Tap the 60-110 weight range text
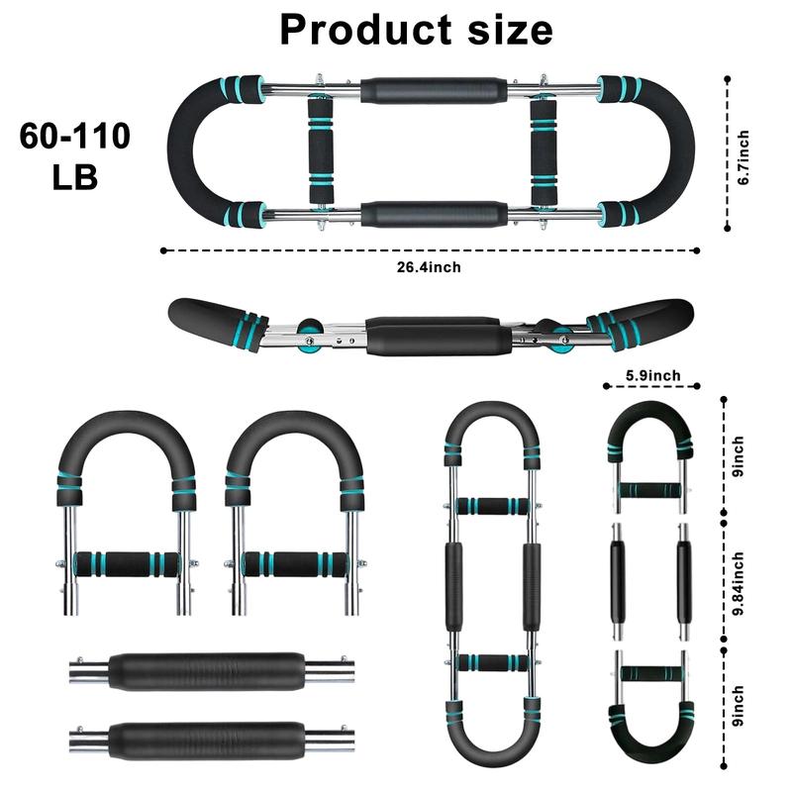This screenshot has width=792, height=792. [74, 137]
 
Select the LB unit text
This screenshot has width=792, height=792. [74, 179]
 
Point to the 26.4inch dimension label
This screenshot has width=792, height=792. [432, 266]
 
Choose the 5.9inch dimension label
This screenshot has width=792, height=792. [652, 375]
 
